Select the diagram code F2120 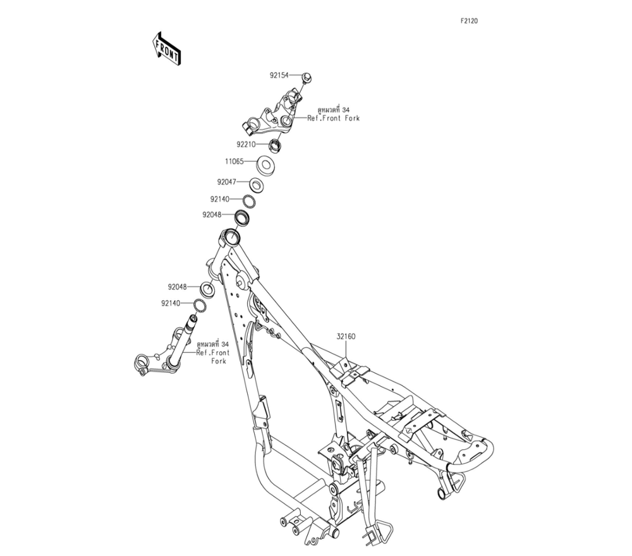[469, 21]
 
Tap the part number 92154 [279, 75]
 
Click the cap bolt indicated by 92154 [305, 77]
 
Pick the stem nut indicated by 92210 [276, 145]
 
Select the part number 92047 [227, 182]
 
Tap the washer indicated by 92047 [255, 185]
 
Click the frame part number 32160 [345, 337]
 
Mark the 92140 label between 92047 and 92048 [221, 199]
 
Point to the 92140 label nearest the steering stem [171, 303]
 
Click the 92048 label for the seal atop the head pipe [212, 215]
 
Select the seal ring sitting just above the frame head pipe [242, 218]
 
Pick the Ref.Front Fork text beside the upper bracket [333, 118]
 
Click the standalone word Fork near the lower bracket [219, 361]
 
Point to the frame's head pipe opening [231, 238]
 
